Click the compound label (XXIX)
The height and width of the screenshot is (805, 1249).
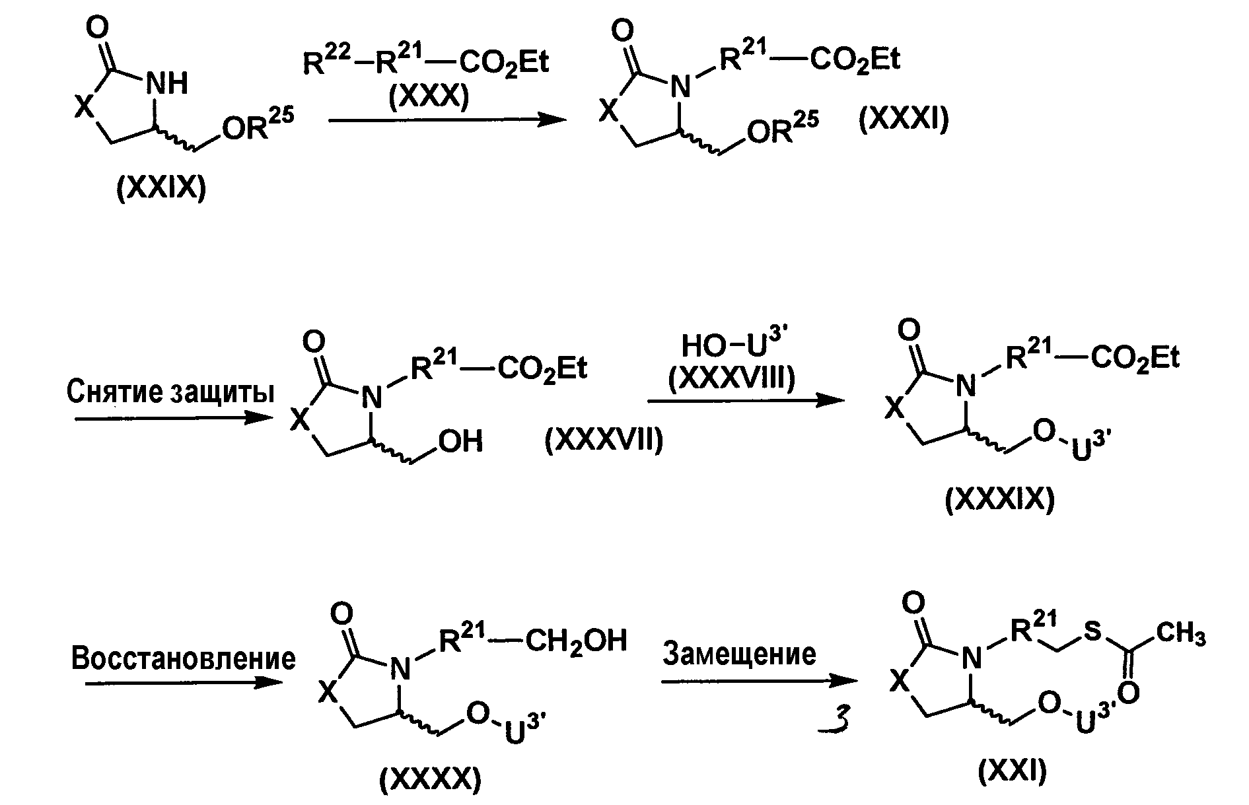coord(161,190)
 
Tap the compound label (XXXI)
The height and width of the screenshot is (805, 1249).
coord(904,121)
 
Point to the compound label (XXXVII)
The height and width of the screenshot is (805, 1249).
coord(604,440)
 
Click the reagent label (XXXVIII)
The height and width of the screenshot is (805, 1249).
coord(732,380)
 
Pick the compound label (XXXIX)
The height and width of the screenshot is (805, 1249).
coord(999,500)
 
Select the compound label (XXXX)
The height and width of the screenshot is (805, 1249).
coord(430,781)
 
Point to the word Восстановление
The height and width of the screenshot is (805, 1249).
coord(184,658)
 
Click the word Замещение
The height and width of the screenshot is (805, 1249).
coord(739,654)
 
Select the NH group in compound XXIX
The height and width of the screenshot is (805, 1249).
coord(166,84)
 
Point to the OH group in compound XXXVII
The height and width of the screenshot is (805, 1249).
coord(461,440)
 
